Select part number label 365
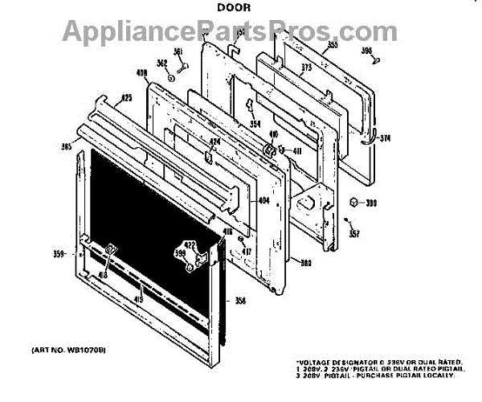(x=66, y=146)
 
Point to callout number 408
(x=143, y=73)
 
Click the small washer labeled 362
(x=170, y=78)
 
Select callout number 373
(x=305, y=68)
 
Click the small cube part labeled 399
(x=353, y=203)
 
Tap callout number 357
(x=354, y=234)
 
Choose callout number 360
(x=305, y=262)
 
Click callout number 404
(x=263, y=201)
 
